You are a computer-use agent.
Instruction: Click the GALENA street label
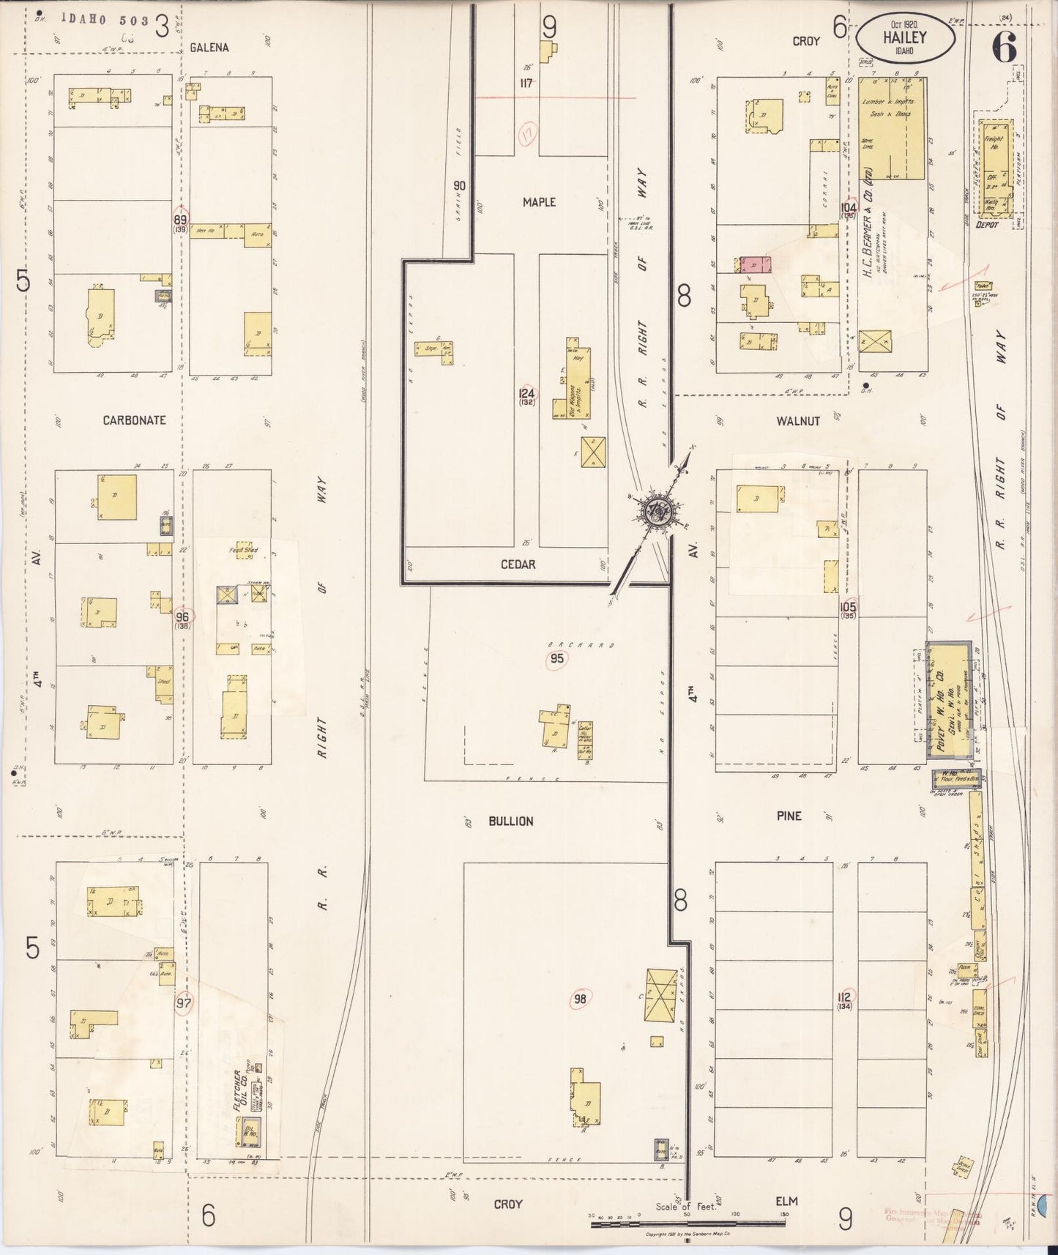[209, 48]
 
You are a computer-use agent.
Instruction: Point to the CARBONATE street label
[134, 420]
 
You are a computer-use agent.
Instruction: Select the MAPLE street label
[539, 202]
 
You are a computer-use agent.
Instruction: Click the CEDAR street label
[518, 565]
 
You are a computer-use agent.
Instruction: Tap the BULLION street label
[510, 822]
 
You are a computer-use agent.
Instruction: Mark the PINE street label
[789, 816]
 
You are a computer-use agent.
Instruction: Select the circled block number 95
[557, 659]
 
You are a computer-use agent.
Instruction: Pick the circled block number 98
[580, 999]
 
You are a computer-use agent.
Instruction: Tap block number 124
[526, 393]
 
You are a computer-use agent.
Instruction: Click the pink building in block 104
[756, 265]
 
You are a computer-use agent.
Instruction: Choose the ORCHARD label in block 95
[581, 645]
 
